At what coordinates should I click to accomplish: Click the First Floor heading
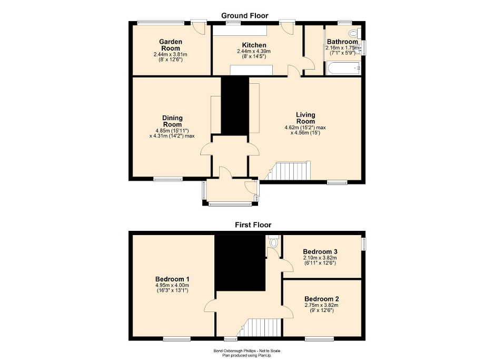tap(253, 225)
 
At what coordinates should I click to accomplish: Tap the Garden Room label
tap(171, 45)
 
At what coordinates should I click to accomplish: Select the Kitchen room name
tap(254, 45)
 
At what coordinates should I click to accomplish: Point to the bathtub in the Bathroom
tap(343, 68)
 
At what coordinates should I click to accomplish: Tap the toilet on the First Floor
tap(272, 242)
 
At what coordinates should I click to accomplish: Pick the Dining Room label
tap(172, 121)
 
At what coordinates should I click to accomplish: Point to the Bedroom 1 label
tap(172, 279)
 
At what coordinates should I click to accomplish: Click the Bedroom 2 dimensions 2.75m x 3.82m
tap(321, 305)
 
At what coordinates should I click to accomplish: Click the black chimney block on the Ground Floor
tap(234, 105)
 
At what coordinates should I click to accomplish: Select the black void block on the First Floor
tap(239, 262)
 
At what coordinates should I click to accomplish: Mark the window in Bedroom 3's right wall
tap(363, 244)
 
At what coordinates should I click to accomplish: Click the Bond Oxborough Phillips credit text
tap(246, 351)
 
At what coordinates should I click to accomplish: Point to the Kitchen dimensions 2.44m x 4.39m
tap(254, 51)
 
